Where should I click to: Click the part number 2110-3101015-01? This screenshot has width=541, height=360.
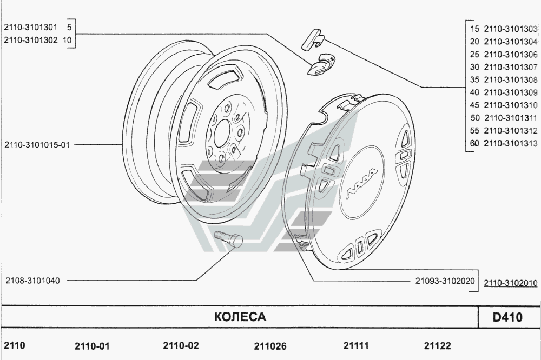(37, 145)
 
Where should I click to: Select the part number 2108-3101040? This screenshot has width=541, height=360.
(32, 281)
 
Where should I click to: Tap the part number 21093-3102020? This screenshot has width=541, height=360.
(445, 281)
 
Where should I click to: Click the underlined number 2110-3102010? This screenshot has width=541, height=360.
(511, 283)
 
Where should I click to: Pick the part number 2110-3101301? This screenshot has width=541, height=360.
(30, 27)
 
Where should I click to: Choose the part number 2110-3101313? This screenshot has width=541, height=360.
(511, 143)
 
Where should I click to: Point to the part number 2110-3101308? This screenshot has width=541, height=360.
(511, 80)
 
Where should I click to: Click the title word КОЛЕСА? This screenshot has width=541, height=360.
(240, 317)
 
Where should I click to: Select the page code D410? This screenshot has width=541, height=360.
(507, 317)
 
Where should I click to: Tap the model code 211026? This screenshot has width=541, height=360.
(270, 346)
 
